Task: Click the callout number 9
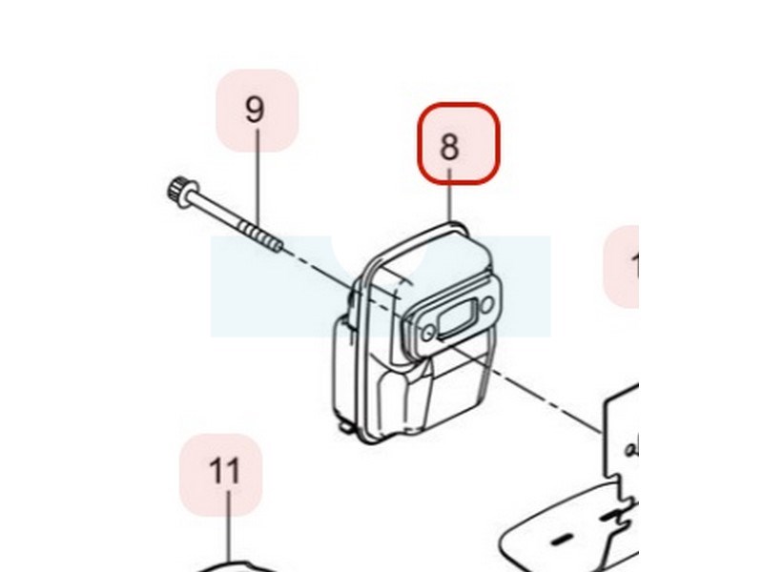pyautogui.click(x=255, y=110)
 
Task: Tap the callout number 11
pyautogui.click(x=224, y=472)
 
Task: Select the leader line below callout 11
pyautogui.click(x=227, y=534)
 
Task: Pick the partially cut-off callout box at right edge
pyautogui.click(x=625, y=267)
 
